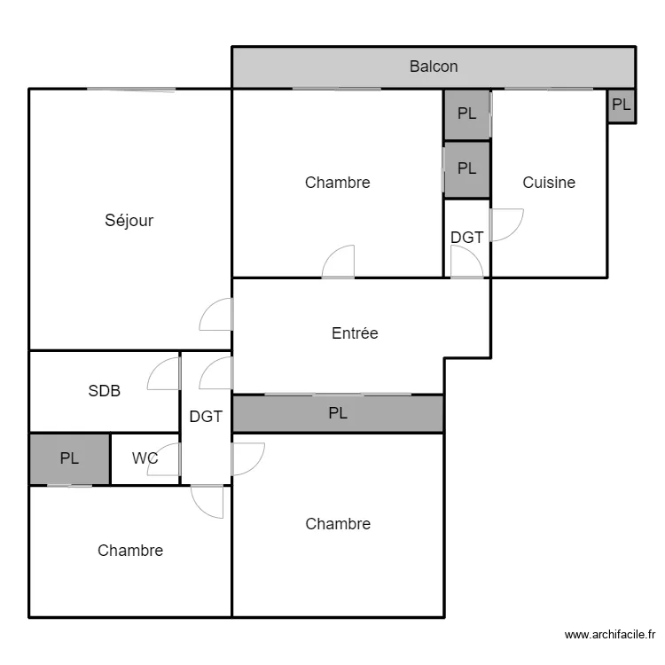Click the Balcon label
coord(434,66)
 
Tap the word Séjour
coord(129,221)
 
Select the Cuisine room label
coord(548,183)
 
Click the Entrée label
coord(355,333)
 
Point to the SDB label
coord(104,390)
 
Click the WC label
coord(145,458)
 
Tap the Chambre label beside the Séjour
coord(337,183)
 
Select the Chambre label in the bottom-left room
coord(130,551)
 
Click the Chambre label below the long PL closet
coord(338,524)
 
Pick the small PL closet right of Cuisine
coord(622,105)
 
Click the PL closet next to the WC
coord(69,458)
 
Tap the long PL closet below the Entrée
coord(338,413)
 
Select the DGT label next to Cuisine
coord(466,238)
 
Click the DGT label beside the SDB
coord(206,416)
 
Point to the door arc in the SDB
coord(163,375)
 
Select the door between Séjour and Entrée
coord(216,315)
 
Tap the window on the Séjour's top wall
coord(130,90)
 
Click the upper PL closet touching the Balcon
coord(466,113)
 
